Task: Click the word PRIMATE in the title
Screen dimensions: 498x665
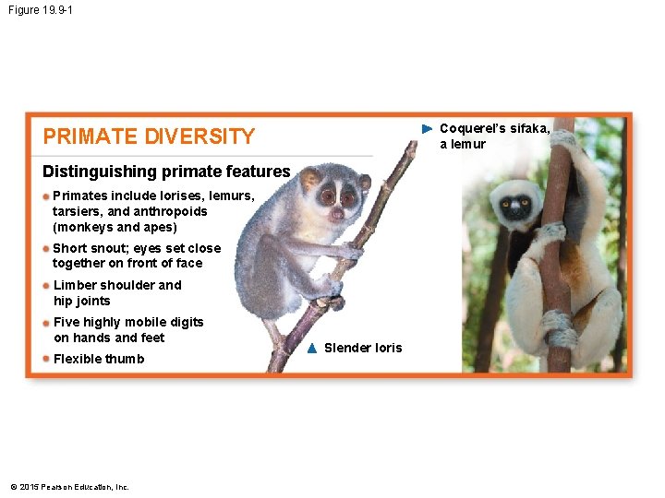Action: tap(89, 136)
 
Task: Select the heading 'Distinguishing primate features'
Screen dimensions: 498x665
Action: tap(166, 172)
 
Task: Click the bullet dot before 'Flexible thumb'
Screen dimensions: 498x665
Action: tap(47, 359)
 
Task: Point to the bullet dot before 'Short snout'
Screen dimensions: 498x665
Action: tap(47, 248)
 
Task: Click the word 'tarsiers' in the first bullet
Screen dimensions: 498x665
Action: tap(78, 211)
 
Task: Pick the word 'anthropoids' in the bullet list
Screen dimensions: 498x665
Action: tap(173, 211)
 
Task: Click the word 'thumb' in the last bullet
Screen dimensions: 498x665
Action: tap(126, 359)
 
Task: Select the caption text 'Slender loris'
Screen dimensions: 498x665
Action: tap(363, 348)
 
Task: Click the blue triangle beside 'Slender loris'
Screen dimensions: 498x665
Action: tap(312, 348)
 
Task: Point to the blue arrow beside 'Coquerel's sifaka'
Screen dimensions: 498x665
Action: tap(426, 128)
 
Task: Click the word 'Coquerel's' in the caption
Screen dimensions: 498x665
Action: tap(472, 128)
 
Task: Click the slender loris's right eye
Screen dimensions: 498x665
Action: tap(348, 196)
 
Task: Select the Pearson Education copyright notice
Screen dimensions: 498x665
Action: tap(69, 487)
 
